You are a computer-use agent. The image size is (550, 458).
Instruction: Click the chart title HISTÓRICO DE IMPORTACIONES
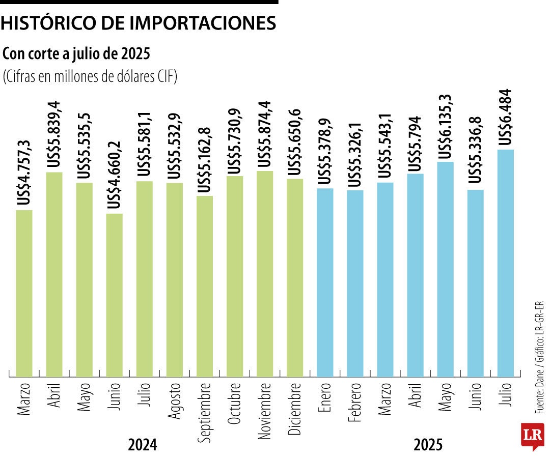pos(139,23)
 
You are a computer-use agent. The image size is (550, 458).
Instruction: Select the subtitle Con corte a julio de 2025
pos(77,53)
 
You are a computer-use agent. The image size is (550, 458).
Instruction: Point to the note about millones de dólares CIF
pos(90,77)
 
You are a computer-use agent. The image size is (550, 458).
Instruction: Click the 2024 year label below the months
pos(143,445)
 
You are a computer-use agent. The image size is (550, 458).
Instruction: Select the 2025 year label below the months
pos(428,445)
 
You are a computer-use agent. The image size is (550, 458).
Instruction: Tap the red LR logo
pos(532,436)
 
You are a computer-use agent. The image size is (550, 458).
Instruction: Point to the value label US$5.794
pos(415,143)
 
